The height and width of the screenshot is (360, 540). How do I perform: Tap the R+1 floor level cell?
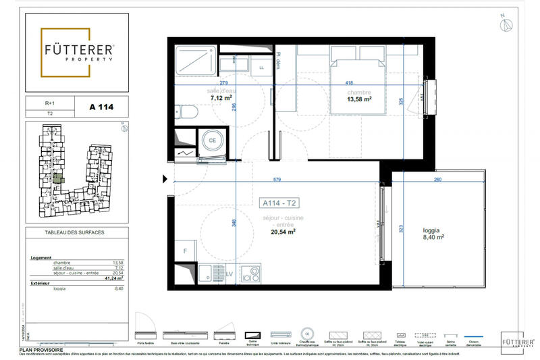tap(49, 104)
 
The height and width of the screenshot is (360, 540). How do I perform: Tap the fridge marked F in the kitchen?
tap(184, 251)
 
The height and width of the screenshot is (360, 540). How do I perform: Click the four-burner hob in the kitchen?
tap(251, 275)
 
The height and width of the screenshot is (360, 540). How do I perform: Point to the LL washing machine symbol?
tap(261, 68)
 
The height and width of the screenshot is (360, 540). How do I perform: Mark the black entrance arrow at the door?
tap(163, 180)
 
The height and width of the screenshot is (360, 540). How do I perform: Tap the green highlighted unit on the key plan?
tap(58, 179)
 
